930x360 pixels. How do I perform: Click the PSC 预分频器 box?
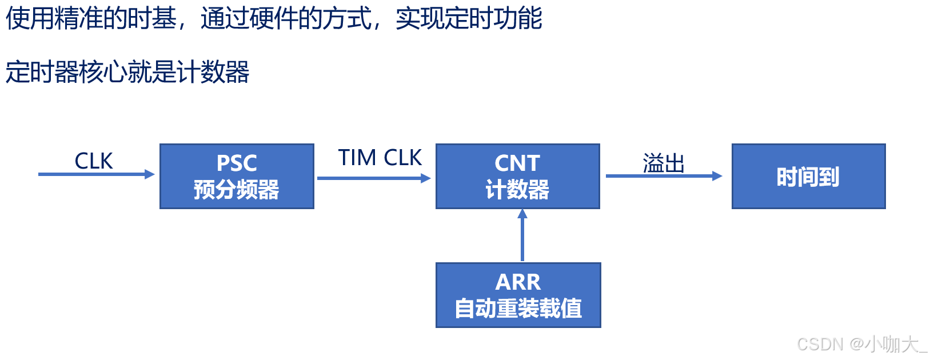pyautogui.click(x=237, y=176)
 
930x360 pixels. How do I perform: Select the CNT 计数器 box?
pyautogui.click(x=517, y=176)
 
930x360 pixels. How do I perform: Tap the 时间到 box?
pyautogui.click(x=808, y=176)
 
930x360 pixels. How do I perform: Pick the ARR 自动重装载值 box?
pyautogui.click(x=518, y=295)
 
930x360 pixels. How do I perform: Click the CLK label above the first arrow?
pyautogui.click(x=94, y=161)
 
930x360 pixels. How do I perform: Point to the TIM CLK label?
pyautogui.click(x=380, y=158)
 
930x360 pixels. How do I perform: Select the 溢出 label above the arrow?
pyautogui.click(x=664, y=163)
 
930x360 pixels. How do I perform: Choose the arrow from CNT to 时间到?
pyautogui.click(x=664, y=176)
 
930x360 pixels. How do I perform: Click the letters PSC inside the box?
pyautogui.click(x=237, y=163)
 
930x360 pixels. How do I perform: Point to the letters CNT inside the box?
pyautogui.click(x=517, y=163)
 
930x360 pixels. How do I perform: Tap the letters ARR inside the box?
pyautogui.click(x=518, y=282)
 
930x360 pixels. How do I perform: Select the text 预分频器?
pyautogui.click(x=237, y=190)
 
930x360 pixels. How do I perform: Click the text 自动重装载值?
pyautogui.click(x=518, y=309)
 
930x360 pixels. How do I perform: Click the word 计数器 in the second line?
pyautogui.click(x=213, y=73)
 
